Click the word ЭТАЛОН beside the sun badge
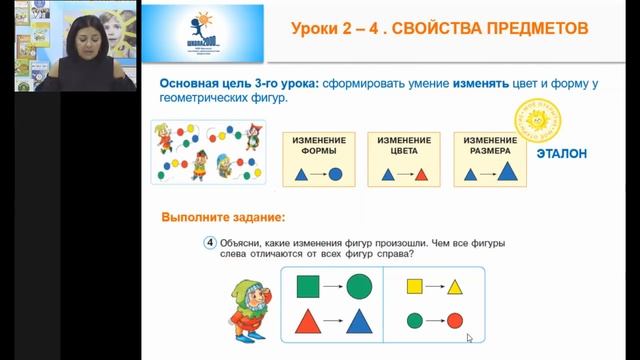point(561,154)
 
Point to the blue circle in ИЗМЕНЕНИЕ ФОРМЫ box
point(336,174)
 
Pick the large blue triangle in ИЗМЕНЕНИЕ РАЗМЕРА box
point(508,172)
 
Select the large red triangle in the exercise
point(311,324)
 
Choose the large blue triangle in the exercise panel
point(359,323)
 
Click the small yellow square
point(414,289)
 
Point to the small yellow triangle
point(455,289)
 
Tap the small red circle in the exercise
point(455,322)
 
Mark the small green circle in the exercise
point(414,322)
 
